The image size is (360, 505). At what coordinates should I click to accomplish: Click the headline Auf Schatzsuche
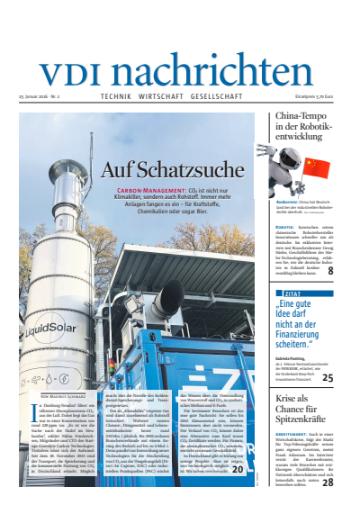(x=160, y=169)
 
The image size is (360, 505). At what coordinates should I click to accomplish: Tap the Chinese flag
(x=318, y=167)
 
